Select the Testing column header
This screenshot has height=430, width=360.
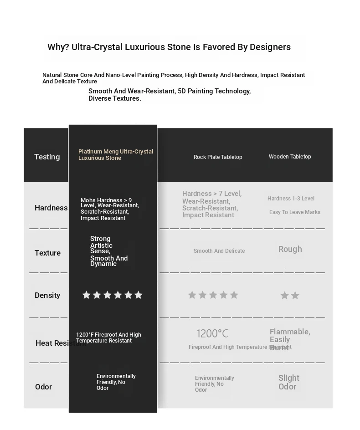coord(47,157)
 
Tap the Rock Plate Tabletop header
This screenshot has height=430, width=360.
coord(218,157)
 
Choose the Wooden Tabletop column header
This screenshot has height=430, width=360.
coord(290,157)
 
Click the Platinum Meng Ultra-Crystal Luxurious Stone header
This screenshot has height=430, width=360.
coord(115,155)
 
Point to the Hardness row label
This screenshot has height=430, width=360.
coord(51,208)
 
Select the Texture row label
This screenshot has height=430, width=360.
coord(47,253)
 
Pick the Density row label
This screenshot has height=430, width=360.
coord(47,295)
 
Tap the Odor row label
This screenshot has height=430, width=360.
coord(43,387)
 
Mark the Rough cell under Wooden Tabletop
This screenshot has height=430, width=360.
coord(290,249)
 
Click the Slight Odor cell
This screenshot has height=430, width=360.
coord(288,382)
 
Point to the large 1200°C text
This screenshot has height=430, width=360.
coord(212,334)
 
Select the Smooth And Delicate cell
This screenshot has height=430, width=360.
coord(219,251)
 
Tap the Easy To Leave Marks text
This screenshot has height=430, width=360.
coord(294,212)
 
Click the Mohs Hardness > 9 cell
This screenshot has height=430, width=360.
coord(109,209)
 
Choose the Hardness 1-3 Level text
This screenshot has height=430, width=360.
coord(291,199)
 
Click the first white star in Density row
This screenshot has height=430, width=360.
coord(86,295)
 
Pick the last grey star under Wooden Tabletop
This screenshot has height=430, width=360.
coord(295,296)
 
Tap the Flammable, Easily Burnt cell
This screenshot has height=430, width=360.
coord(289,339)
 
